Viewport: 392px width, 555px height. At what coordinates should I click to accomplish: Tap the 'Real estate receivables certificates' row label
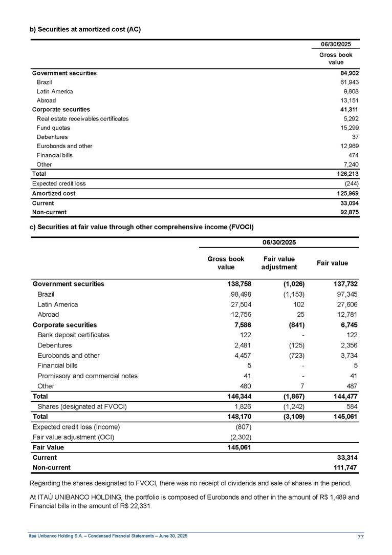pos(82,118)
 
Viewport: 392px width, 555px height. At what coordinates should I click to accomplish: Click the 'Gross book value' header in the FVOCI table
pos(226,263)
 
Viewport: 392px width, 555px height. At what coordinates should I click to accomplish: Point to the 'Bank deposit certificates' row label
pos(73,335)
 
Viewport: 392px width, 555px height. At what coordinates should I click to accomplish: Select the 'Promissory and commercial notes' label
pos(88,376)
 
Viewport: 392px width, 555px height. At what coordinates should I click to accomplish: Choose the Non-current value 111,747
pos(344,467)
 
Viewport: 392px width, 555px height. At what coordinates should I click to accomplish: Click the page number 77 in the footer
pos(361,536)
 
